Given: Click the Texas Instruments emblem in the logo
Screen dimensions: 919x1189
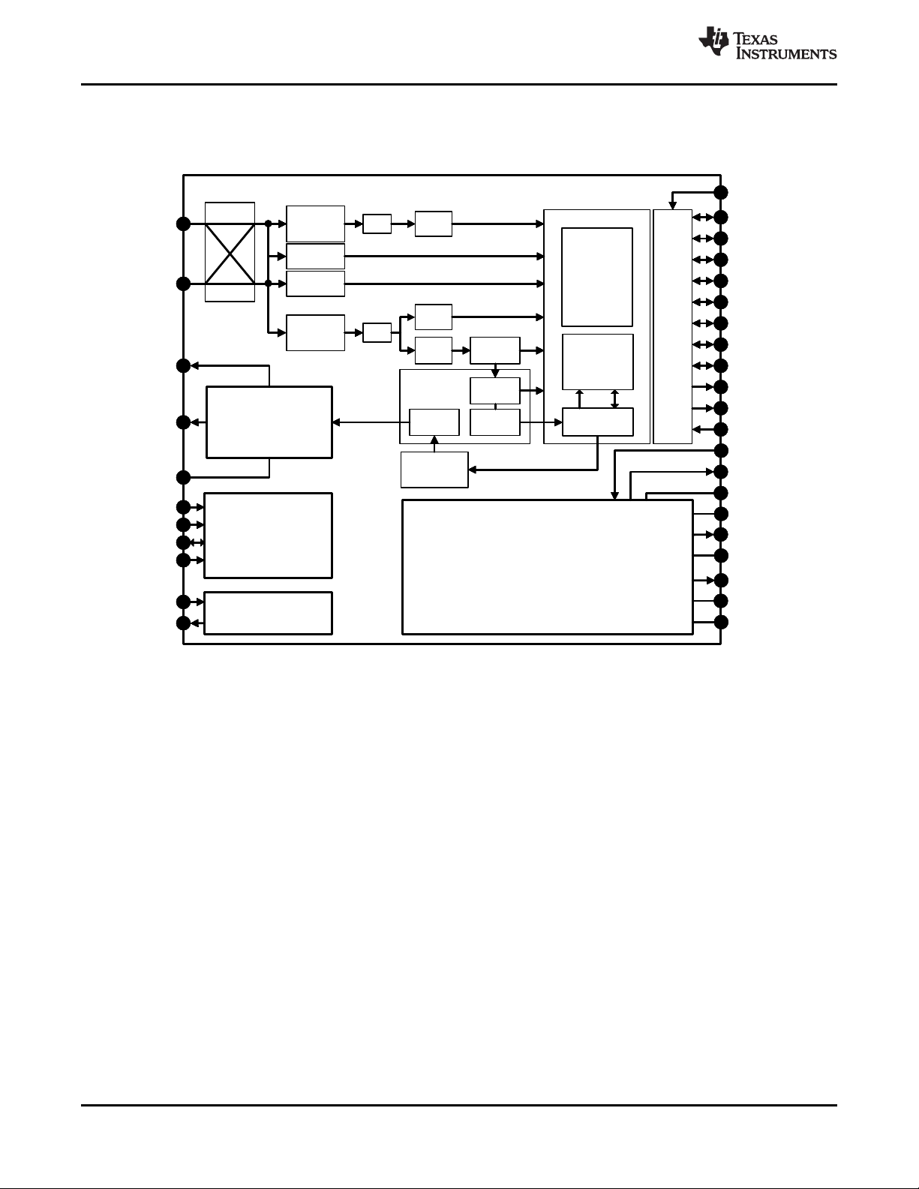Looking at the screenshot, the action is point(713,43).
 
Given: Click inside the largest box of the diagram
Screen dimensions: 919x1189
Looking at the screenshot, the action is point(547,566).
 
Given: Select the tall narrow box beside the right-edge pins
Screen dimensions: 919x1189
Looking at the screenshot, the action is point(672,326).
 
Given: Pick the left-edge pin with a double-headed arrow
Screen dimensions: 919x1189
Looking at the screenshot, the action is point(183,542).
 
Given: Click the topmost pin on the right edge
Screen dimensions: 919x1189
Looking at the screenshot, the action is point(721,192).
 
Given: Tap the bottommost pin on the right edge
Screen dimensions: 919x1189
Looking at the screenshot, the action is point(721,622).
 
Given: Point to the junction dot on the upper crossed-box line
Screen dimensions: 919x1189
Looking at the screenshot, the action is point(268,224).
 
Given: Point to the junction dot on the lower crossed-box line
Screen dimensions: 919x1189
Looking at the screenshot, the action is point(268,284).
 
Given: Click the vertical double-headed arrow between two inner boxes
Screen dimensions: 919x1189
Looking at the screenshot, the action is point(615,399).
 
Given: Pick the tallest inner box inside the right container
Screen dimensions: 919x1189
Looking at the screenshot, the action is point(596,277).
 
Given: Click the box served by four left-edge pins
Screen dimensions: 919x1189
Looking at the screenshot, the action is point(268,536).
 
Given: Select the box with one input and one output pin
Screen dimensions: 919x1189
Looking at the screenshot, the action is point(268,613).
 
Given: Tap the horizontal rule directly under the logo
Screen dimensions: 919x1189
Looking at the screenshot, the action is point(459,85).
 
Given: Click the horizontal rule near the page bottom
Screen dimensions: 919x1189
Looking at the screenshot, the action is point(459,1104).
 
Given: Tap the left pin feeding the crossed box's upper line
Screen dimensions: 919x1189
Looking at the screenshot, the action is point(183,224).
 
